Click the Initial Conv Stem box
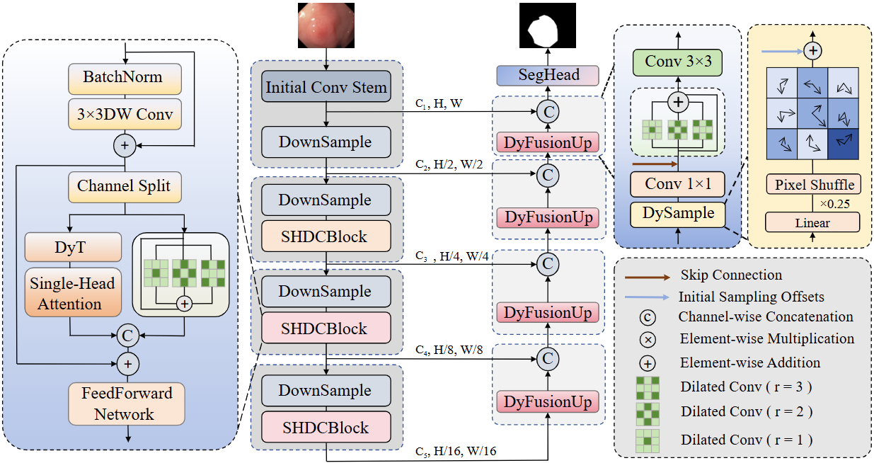(326, 88)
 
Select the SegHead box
(548, 75)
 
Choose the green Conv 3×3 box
(679, 63)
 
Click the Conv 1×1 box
(678, 185)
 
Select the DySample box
(678, 213)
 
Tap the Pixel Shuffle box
(814, 185)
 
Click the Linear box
(812, 222)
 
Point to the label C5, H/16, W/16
(455, 450)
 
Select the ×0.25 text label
(835, 204)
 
